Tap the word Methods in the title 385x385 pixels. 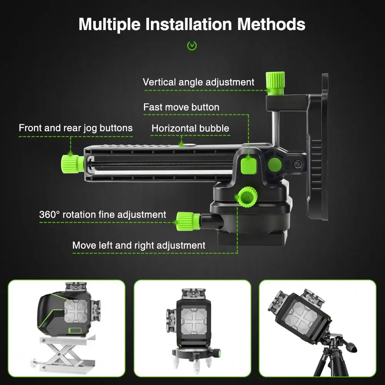pyautogui.click(x=271, y=24)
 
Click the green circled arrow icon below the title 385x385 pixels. pyautogui.click(x=192, y=46)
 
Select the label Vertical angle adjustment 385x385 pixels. pyautogui.click(x=198, y=82)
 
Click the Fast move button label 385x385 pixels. pyautogui.click(x=181, y=107)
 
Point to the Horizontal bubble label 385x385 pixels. pyautogui.click(x=190, y=128)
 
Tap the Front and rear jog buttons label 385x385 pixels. pyautogui.click(x=75, y=128)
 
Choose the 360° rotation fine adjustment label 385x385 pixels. pyautogui.click(x=102, y=214)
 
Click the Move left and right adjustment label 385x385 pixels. pyautogui.click(x=139, y=245)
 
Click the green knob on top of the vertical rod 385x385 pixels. pyautogui.click(x=275, y=82)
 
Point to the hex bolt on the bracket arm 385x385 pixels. pyautogui.click(x=298, y=164)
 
